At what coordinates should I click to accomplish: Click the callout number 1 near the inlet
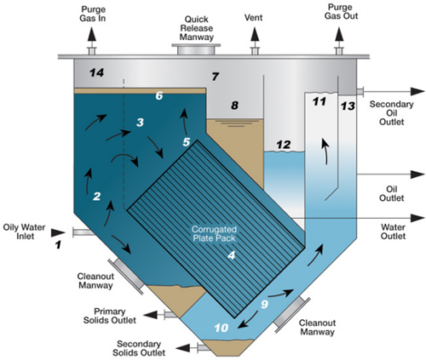click(58, 245)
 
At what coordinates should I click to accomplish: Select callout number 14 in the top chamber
click(96, 75)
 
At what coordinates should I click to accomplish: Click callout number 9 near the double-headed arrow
click(264, 304)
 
